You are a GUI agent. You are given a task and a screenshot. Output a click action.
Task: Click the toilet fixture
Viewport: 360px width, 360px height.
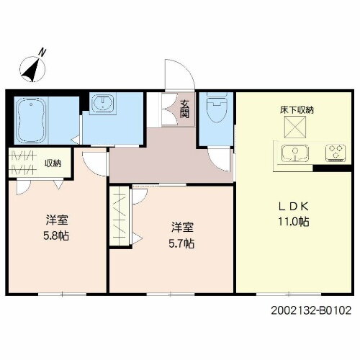coord(214,108)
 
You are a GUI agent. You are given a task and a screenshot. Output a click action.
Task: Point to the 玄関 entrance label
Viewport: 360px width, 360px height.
coord(184,109)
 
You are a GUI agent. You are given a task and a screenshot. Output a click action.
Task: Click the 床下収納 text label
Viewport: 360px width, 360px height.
coord(297,111)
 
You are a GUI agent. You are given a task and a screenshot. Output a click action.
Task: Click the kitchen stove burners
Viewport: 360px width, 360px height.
coord(334,152)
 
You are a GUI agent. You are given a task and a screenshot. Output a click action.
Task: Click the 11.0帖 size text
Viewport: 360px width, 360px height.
coord(295,222)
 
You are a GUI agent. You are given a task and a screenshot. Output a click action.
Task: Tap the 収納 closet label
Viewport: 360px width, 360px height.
coord(52,163)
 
